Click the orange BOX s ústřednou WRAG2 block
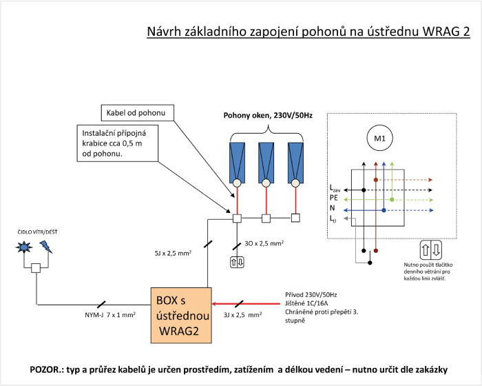tap(181, 316)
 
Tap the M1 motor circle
tap(379, 139)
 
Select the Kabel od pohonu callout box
tap(138, 112)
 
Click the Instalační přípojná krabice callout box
tap(118, 143)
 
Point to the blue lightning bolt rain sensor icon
tap(46, 247)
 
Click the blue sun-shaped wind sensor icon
tap(24, 247)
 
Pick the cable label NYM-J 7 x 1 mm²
tap(110, 315)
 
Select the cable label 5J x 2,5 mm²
tap(173, 254)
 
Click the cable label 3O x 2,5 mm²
tap(264, 243)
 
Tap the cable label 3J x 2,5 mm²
tap(243, 314)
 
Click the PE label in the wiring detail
tap(333, 198)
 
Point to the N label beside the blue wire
tap(333, 208)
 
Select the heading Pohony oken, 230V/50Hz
tap(268, 116)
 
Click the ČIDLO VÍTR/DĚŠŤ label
tap(37, 232)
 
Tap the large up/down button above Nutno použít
tap(431, 250)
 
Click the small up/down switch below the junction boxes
tap(237, 263)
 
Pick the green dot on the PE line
tap(392, 200)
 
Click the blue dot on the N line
tap(384, 210)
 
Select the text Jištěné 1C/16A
tap(306, 303)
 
